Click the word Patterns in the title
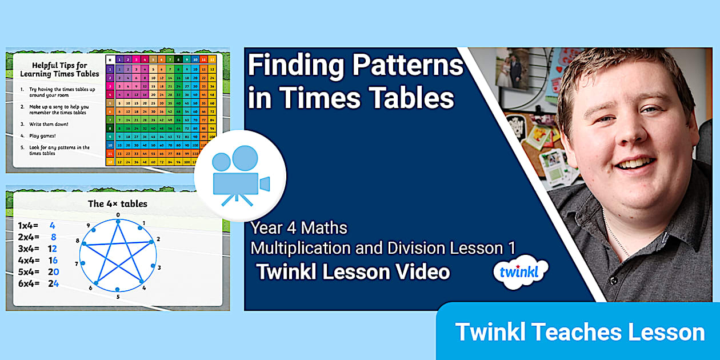(x=408, y=66)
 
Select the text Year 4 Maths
(x=299, y=228)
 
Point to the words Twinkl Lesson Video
(x=353, y=271)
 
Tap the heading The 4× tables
(x=117, y=203)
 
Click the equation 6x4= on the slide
(x=29, y=283)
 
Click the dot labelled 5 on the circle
(x=118, y=290)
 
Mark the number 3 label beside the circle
(x=159, y=267)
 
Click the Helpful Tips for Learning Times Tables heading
(x=59, y=70)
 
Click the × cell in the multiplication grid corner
(x=110, y=59)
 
